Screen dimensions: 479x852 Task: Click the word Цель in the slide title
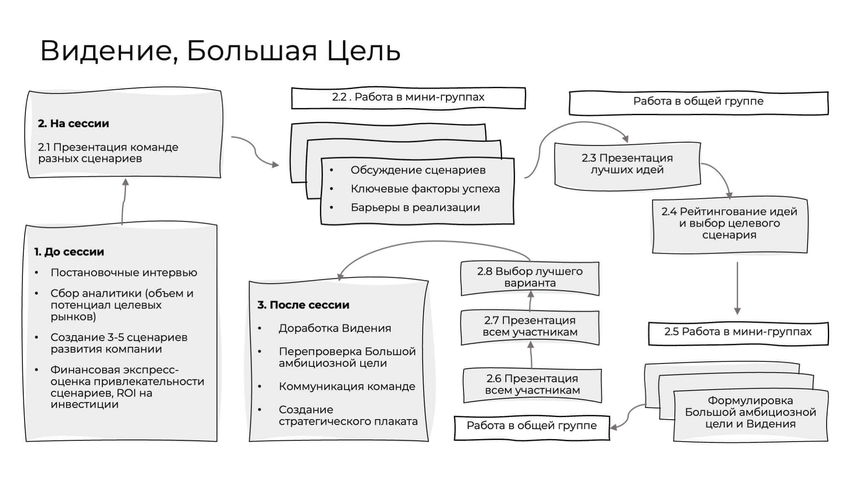coord(364,51)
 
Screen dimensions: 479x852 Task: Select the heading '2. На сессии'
coord(73,123)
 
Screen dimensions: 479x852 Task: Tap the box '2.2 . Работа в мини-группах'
coord(408,97)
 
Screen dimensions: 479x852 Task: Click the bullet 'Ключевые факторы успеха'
coord(425,189)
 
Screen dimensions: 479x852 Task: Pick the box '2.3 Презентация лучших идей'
coord(627,164)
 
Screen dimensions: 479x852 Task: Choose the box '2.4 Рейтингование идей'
coord(729,223)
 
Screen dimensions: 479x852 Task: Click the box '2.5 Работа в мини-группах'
coord(738,332)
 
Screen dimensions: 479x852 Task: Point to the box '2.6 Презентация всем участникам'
coord(532,385)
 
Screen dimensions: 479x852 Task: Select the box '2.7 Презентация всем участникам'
coord(530,326)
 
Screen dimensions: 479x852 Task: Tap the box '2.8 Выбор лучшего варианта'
coord(530,277)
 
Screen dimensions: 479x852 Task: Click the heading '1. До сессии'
coord(69,252)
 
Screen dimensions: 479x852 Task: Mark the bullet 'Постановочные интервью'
coord(124,273)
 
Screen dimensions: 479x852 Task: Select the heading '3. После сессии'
coord(303,305)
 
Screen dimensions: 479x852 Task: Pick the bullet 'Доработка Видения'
coord(334,328)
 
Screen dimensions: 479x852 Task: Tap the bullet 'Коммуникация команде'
coord(347,387)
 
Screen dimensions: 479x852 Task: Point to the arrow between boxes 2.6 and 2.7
coord(531,356)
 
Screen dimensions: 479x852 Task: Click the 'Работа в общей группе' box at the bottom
coord(531,426)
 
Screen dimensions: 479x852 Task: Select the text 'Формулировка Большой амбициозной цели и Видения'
coord(750,412)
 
